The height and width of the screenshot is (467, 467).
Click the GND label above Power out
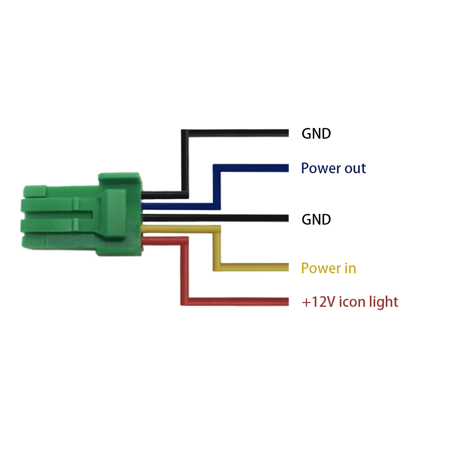point(316,134)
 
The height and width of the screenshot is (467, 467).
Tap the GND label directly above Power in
point(316,219)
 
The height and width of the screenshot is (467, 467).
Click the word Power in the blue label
point(320,168)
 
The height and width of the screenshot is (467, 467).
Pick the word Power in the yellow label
point(321,269)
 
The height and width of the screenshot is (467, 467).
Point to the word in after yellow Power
point(350,269)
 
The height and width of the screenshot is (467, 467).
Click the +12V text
point(318,302)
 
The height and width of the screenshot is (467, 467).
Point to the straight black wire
point(215,218)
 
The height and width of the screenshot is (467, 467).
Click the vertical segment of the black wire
point(185,163)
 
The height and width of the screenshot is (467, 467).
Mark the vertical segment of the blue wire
point(217,187)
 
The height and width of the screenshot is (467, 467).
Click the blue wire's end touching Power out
point(286,168)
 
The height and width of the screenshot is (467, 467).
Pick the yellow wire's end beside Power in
point(286,268)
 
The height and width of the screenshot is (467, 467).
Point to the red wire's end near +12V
point(286,302)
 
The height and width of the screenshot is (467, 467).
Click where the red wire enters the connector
point(144,241)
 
